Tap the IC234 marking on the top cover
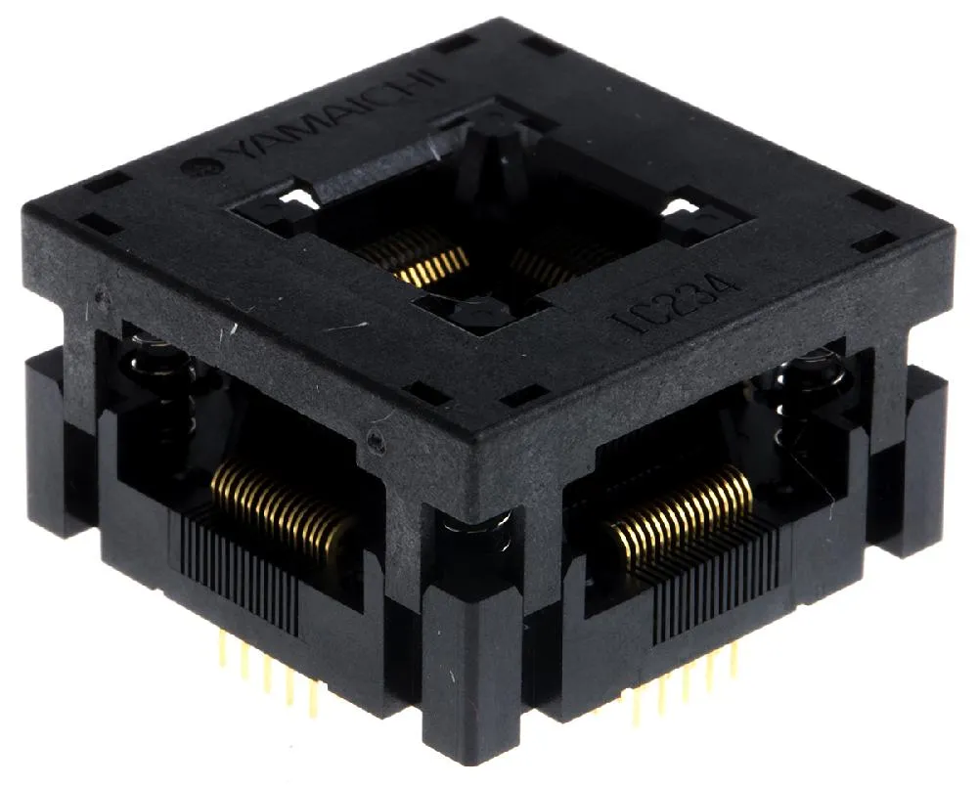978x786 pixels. [x=676, y=302]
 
